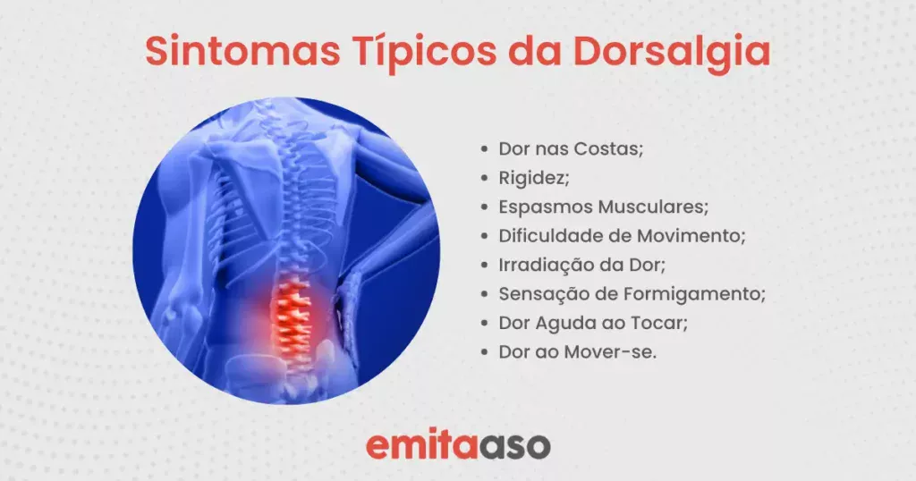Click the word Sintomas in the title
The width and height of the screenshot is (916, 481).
242,51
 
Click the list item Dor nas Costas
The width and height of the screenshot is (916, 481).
571,148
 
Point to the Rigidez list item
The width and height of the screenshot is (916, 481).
534,178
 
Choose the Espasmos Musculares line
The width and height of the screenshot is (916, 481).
604,207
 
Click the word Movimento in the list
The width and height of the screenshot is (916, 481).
691,236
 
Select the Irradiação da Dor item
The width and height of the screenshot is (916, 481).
581,265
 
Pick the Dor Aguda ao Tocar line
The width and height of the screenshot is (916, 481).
593,323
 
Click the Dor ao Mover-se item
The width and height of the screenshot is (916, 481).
578,352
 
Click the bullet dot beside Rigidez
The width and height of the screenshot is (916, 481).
484,178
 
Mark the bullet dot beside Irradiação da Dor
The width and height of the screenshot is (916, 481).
484,265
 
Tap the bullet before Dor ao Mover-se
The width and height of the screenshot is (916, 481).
484,352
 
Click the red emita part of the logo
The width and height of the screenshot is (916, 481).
420,445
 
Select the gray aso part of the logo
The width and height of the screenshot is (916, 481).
513,447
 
